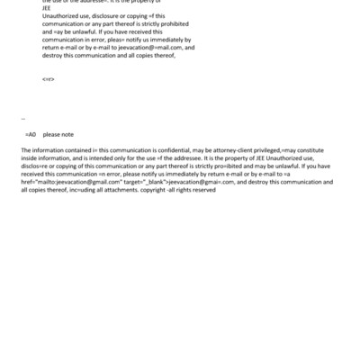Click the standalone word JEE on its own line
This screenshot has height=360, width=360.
[46, 15]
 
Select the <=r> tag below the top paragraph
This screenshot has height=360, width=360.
[49, 79]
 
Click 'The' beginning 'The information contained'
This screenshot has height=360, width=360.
[25, 149]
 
